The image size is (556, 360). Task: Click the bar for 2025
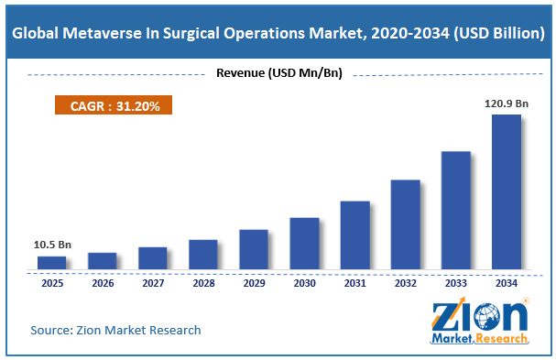click(x=52, y=263)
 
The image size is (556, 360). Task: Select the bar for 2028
click(x=203, y=255)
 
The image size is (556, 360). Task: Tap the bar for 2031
click(x=355, y=235)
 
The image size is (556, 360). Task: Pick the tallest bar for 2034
click(x=507, y=191)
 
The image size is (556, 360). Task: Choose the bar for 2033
click(x=456, y=211)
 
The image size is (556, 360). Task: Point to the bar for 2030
click(x=304, y=244)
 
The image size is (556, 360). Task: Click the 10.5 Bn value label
click(x=52, y=245)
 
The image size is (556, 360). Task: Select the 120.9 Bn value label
click(x=507, y=104)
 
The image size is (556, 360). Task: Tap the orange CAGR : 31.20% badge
click(x=114, y=105)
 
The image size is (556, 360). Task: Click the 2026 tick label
click(x=103, y=283)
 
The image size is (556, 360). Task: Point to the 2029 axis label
click(x=255, y=283)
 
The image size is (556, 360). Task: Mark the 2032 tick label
click(x=406, y=283)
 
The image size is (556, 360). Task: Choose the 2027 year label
click(x=153, y=283)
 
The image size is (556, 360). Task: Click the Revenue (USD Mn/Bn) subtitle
click(x=279, y=73)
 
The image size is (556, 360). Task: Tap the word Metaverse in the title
click(x=102, y=33)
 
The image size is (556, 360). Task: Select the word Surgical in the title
click(x=191, y=34)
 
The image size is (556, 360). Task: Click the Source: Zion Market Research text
click(x=115, y=330)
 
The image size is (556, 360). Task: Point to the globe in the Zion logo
click(x=486, y=316)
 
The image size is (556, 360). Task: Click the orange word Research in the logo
click(x=501, y=338)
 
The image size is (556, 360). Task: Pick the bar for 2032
click(x=406, y=224)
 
